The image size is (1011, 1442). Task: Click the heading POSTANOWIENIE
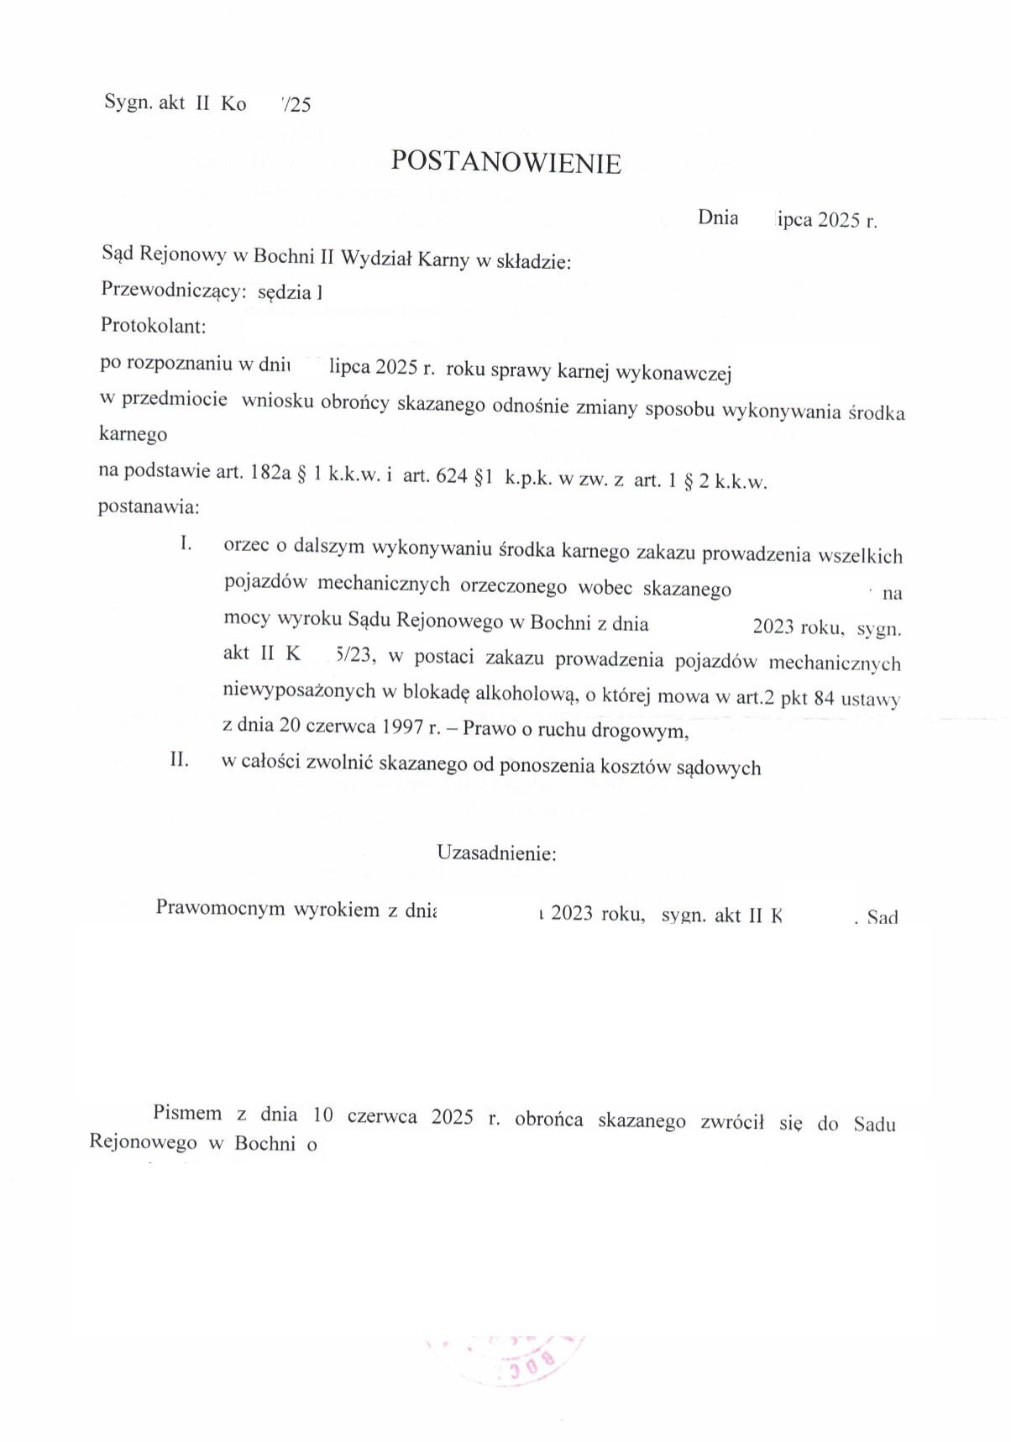point(505,162)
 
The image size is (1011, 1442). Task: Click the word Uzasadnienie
point(495,853)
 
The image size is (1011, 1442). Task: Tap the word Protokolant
point(153,325)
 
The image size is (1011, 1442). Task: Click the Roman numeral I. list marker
point(186,543)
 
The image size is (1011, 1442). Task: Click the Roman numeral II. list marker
point(180,760)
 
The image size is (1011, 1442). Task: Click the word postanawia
point(149,506)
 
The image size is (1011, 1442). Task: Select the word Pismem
point(187,1114)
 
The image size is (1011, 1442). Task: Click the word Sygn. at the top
point(128,102)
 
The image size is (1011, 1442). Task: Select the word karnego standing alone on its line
point(133,434)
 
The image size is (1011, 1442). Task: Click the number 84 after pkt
point(824,698)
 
